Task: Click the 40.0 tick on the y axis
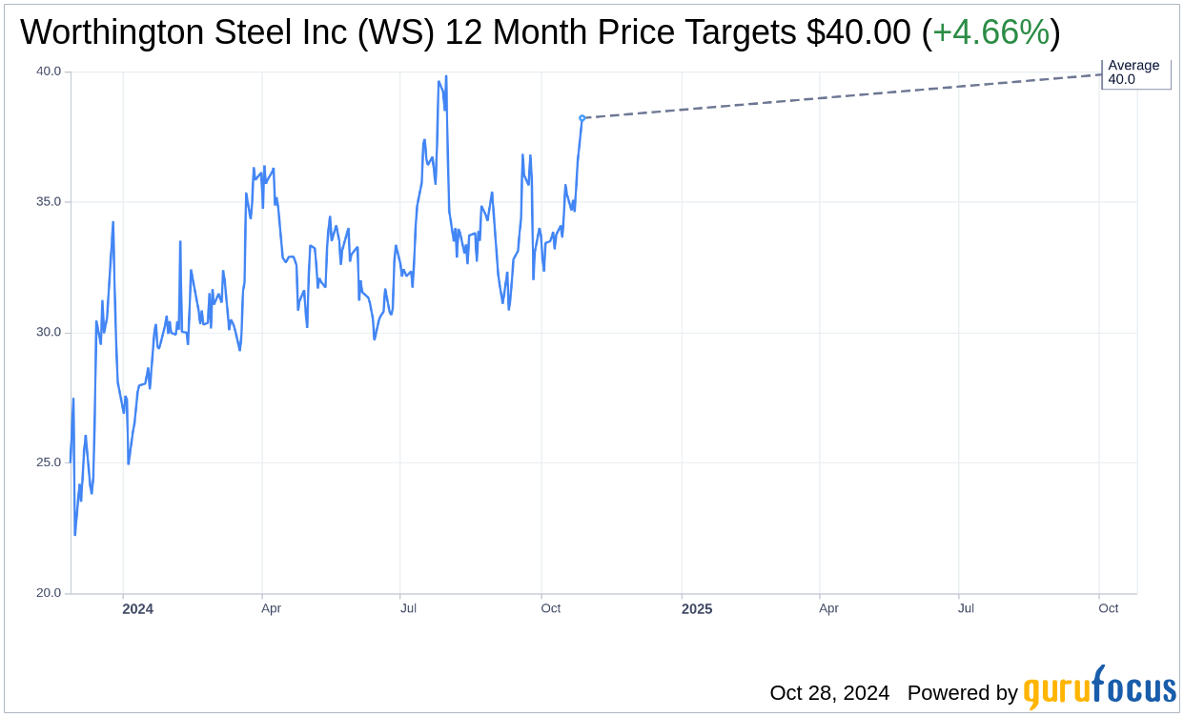click(x=49, y=72)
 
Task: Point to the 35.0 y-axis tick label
click(x=49, y=202)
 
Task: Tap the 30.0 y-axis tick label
click(x=49, y=333)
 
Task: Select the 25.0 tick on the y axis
click(x=49, y=462)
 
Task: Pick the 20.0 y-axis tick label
click(x=49, y=593)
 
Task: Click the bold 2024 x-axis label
click(x=137, y=609)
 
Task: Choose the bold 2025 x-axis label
click(x=696, y=609)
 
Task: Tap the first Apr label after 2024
click(x=271, y=608)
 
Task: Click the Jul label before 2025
click(x=409, y=608)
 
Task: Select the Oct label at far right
click(x=1108, y=608)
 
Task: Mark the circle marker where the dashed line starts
click(x=582, y=118)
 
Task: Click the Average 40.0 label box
click(x=1134, y=72)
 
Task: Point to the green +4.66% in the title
click(x=990, y=33)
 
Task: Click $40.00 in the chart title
click(x=858, y=33)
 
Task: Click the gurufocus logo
click(x=1099, y=689)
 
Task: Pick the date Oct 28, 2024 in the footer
click(x=829, y=693)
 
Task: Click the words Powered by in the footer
click(x=962, y=693)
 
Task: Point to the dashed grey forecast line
click(x=839, y=96)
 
